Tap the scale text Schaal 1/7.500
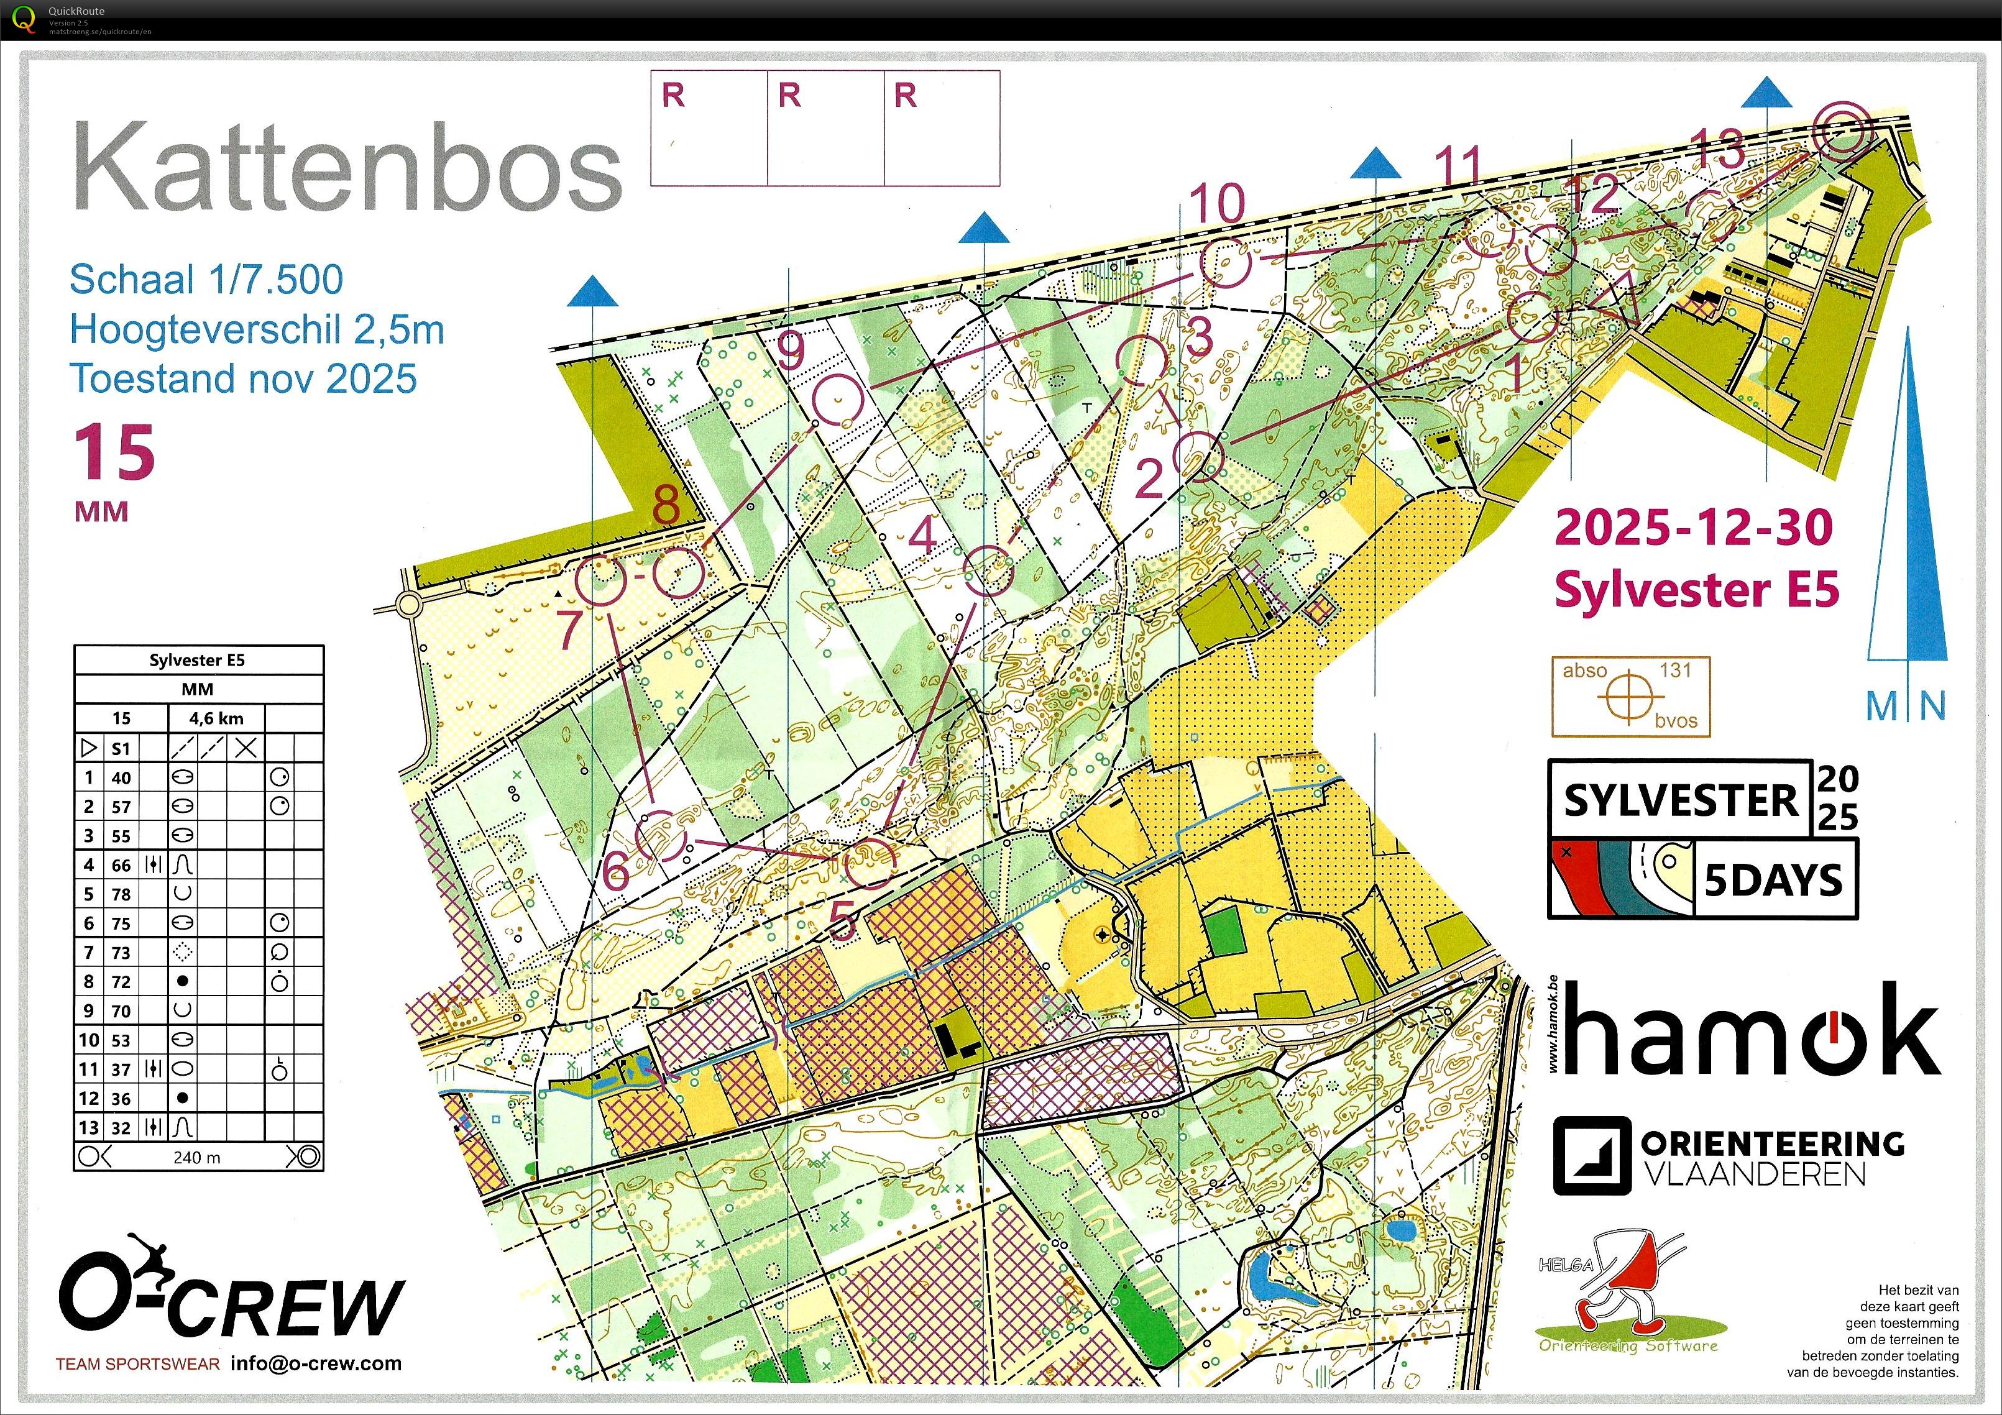tap(206, 280)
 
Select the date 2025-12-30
tap(1693, 528)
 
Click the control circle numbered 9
tap(837, 400)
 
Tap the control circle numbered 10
tap(1225, 263)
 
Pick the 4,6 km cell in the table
tap(216, 719)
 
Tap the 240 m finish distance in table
tap(197, 1158)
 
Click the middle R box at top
tap(825, 128)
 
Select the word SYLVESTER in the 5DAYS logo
tap(1679, 800)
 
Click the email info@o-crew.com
tap(316, 1363)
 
